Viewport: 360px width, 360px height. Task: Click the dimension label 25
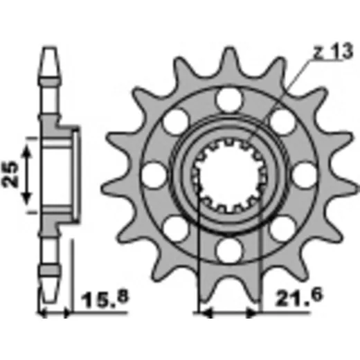coord(10,174)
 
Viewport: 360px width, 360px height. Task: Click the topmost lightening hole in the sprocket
coord(230,100)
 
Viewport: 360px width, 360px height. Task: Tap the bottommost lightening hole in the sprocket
coord(230,250)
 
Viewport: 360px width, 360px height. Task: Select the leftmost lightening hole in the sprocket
coord(154,175)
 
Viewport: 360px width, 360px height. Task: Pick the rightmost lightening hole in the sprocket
coord(305,175)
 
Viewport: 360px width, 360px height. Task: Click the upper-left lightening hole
coord(176,122)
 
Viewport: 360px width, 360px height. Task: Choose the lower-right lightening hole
coord(283,228)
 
